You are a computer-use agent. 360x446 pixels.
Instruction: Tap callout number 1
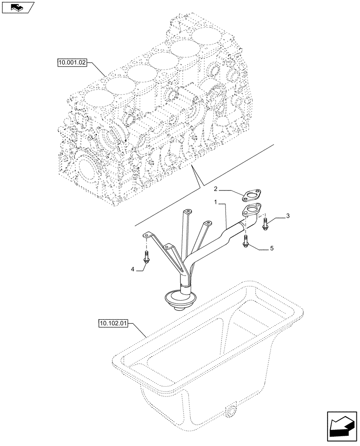point(216,202)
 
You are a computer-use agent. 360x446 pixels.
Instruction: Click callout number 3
point(288,216)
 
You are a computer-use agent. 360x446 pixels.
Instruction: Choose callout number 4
point(132,268)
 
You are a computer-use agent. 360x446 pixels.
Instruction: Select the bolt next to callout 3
point(265,224)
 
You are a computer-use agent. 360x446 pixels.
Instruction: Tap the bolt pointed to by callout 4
point(147,257)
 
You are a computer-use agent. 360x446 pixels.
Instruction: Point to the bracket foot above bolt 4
point(147,235)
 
